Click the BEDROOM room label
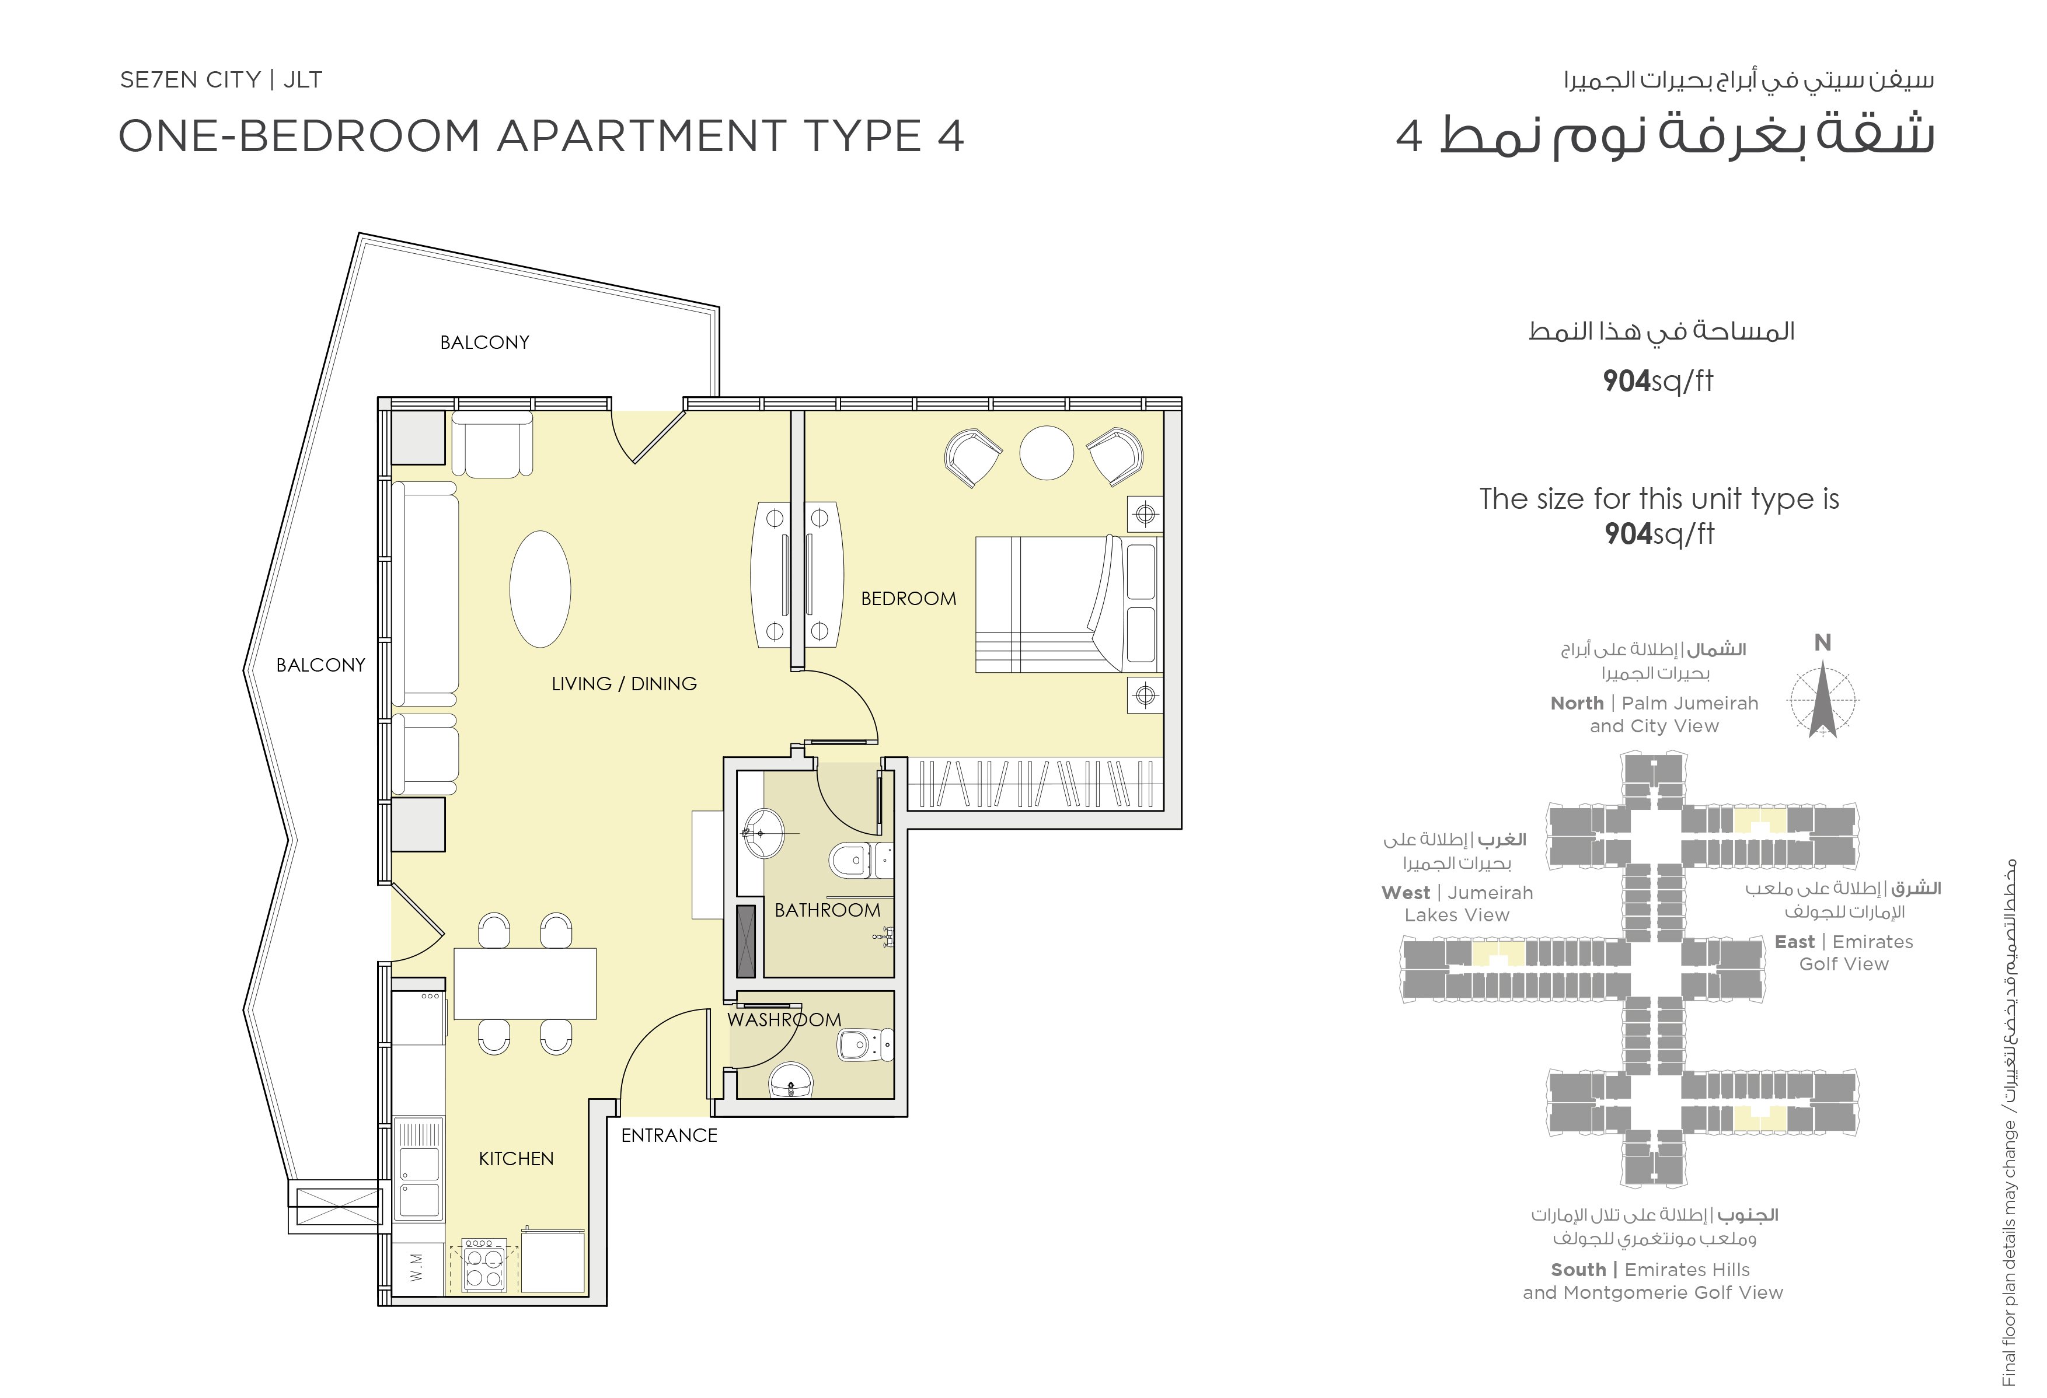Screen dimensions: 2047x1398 point(908,599)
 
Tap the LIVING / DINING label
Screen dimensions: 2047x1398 point(623,683)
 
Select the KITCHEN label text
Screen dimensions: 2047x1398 point(516,1159)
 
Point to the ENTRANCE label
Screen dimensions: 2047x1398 point(669,1135)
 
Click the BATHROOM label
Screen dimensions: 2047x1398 point(827,910)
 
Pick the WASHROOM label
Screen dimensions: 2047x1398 point(784,1019)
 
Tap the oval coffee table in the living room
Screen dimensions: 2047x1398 point(540,589)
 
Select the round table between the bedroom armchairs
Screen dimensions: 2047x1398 point(1047,453)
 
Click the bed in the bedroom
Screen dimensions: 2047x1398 point(1068,605)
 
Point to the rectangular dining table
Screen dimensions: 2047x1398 point(525,983)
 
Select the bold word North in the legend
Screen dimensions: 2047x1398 point(1577,704)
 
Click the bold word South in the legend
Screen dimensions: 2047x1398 point(1578,1270)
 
